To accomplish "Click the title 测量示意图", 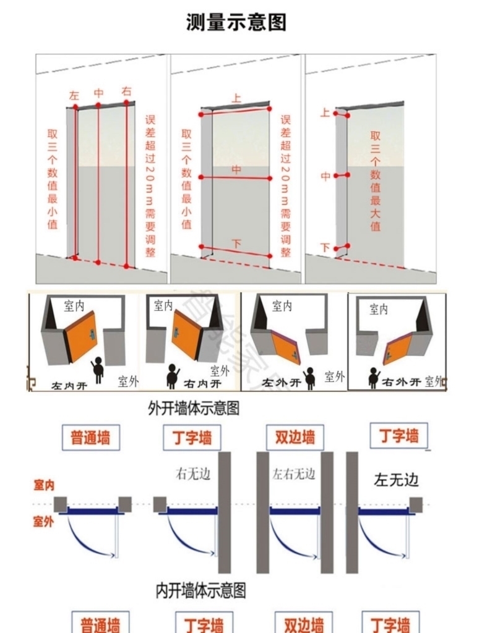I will pyautogui.click(x=236, y=22).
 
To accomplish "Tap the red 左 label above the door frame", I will pyautogui.click(x=74, y=95).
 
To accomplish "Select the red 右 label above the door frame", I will pyautogui.click(x=127, y=91).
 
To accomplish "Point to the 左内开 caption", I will pyautogui.click(x=69, y=384).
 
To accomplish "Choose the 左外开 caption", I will pyautogui.click(x=281, y=383).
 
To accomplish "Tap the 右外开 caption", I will pyautogui.click(x=402, y=381).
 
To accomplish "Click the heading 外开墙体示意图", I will pyautogui.click(x=194, y=409).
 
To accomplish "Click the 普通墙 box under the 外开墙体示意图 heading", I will pyautogui.click(x=90, y=438).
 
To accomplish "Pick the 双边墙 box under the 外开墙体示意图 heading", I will pyautogui.click(x=295, y=438).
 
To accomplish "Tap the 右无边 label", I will pyautogui.click(x=193, y=474).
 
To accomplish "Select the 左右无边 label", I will pyautogui.click(x=294, y=474).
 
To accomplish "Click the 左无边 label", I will pyautogui.click(x=397, y=480).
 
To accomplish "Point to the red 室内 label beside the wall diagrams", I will pyautogui.click(x=43, y=486).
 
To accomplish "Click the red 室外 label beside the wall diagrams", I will pyautogui.click(x=43, y=522).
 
